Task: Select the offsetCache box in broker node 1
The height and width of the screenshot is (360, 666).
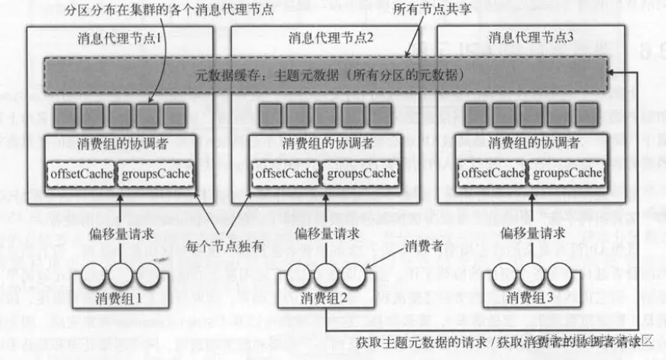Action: pos(80,174)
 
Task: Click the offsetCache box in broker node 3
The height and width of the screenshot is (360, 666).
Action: pos(492,174)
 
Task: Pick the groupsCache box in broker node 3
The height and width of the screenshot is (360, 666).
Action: pos(567,174)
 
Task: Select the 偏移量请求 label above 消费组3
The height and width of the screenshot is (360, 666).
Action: pos(530,232)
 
